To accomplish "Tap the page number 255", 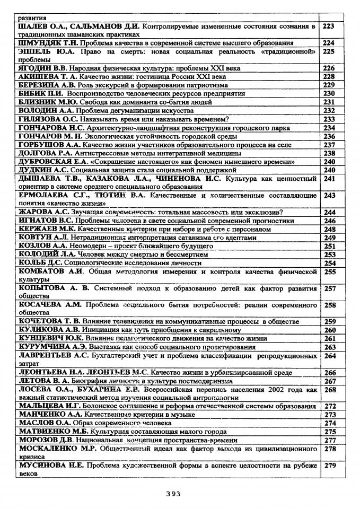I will click(x=330, y=272).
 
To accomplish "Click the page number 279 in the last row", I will click(x=330, y=466).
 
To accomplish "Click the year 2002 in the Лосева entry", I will click(x=271, y=390).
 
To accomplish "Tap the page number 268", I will click(x=330, y=390).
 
